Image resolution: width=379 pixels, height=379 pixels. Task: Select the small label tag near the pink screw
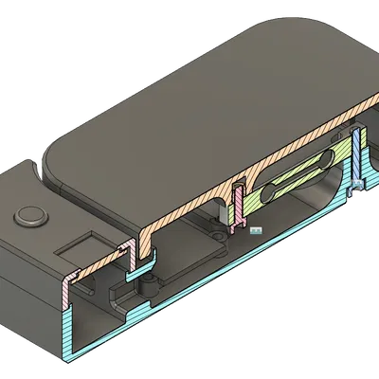[254, 228]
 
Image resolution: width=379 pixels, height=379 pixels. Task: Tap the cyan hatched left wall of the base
[68, 327]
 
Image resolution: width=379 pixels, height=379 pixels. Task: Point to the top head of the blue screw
[356, 134]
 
